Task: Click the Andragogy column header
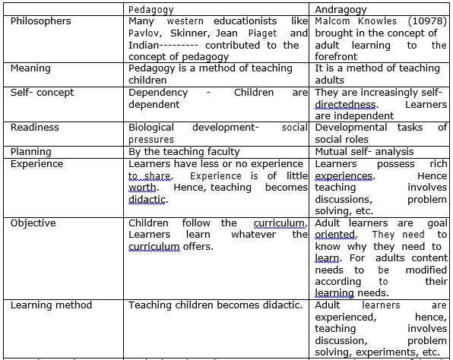click(341, 10)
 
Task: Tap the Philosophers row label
click(41, 21)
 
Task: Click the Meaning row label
click(32, 68)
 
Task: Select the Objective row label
click(34, 223)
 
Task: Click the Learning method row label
click(51, 305)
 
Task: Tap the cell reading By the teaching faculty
click(184, 151)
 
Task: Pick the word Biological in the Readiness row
click(151, 128)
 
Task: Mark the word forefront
click(338, 56)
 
